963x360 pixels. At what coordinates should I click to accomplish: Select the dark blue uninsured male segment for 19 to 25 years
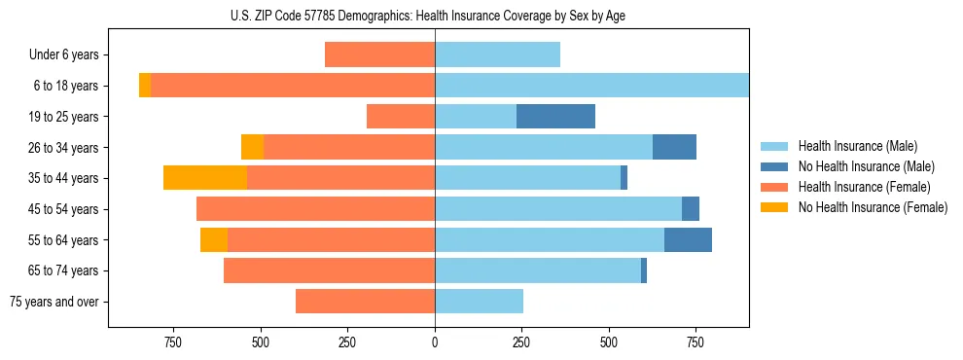coord(555,117)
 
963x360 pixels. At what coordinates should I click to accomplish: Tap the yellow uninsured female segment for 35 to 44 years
coord(205,178)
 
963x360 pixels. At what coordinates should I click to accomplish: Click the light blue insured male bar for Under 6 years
coord(497,55)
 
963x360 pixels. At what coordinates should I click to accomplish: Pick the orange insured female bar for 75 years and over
coord(365,302)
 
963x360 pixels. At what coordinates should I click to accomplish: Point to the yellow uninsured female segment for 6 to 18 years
coord(145,86)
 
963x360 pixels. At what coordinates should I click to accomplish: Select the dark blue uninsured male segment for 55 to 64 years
coord(688,239)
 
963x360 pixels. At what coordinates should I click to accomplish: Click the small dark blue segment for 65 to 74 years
coord(644,270)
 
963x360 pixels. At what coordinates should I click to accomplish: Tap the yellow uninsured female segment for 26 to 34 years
coord(252,147)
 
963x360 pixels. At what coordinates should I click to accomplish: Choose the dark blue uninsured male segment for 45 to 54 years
coord(691,209)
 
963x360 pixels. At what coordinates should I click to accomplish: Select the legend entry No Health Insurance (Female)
coord(873,207)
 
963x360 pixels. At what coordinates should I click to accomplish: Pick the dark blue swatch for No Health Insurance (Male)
coord(774,166)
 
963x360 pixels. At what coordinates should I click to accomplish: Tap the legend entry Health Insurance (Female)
coord(864,187)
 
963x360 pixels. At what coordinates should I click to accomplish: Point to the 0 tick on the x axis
coord(435,342)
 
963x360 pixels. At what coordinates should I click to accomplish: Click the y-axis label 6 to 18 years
coord(66,86)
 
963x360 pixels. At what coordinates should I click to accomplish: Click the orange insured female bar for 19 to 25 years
coord(401,117)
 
